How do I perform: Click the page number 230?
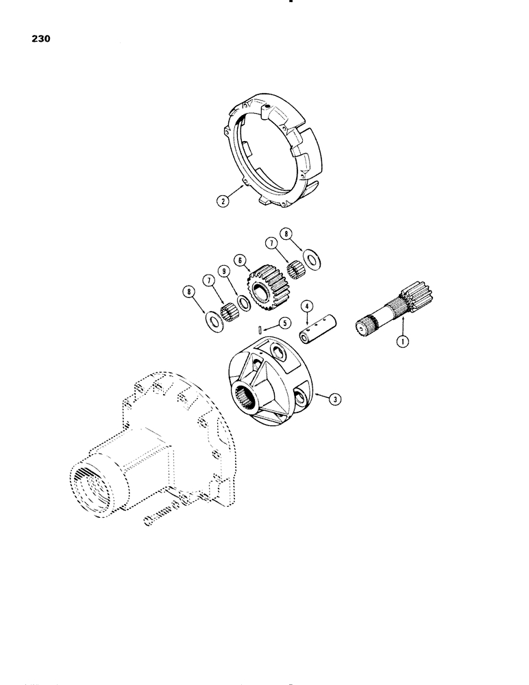click(39, 39)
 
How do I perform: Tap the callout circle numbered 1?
click(402, 339)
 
